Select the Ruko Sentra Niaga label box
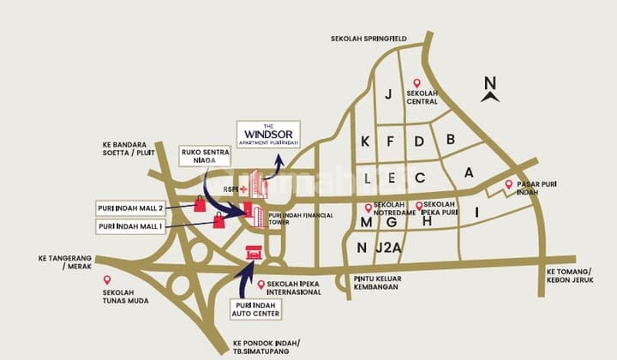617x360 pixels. [x=205, y=155]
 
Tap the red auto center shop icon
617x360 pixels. [x=254, y=252]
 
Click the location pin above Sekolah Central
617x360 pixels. [x=416, y=83]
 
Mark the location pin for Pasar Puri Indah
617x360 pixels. [x=508, y=184]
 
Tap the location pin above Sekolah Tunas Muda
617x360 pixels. [x=107, y=279]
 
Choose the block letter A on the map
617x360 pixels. [x=469, y=171]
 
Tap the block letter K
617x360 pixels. [x=365, y=141]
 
